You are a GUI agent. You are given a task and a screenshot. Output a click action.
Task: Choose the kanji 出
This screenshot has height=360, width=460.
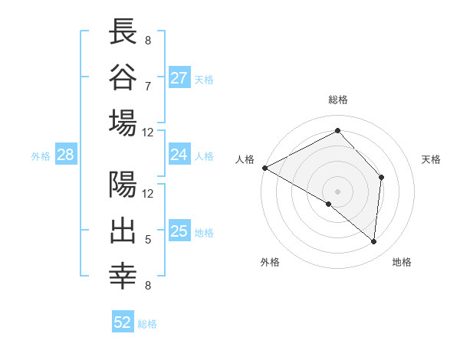tap(123, 231)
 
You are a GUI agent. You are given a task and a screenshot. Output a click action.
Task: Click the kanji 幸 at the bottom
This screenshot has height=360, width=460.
tap(123, 277)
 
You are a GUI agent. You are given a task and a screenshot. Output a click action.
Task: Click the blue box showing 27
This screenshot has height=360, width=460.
tap(179, 78)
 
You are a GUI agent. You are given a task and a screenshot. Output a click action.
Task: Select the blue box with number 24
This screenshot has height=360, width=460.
tap(179, 155)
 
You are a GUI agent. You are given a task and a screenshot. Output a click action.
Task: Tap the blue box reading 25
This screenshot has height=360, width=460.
tap(179, 231)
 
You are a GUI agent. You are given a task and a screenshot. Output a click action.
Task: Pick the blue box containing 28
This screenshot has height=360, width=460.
tap(65, 155)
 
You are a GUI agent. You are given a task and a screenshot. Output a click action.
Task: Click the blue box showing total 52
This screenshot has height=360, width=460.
tap(123, 322)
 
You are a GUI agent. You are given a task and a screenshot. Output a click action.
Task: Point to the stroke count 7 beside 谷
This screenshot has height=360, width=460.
tap(147, 86)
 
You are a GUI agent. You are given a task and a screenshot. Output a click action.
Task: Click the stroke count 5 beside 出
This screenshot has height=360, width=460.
tap(147, 240)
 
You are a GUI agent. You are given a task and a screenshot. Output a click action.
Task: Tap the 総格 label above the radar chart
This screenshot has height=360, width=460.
tap(337, 100)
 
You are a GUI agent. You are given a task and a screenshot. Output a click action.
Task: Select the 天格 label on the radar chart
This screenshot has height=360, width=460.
tap(431, 159)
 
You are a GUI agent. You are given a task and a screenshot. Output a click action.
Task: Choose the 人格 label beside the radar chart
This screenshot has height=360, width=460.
tap(245, 159)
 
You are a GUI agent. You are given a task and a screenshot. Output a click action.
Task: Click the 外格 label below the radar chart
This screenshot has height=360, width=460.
tap(270, 262)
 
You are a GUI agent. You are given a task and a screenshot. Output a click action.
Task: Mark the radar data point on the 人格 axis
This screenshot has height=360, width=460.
tap(264, 168)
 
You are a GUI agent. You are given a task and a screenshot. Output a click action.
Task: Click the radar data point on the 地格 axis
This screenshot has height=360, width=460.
tap(373, 242)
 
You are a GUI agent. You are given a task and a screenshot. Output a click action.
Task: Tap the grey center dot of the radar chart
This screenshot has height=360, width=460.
tap(337, 191)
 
